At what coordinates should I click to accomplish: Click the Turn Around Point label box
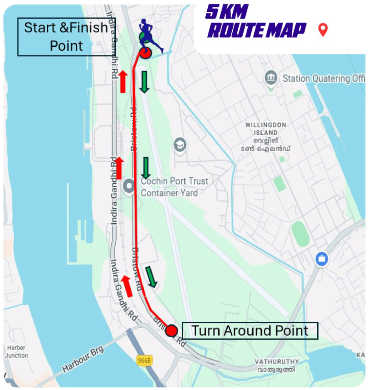[x=250, y=330]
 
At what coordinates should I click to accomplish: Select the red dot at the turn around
[x=172, y=330]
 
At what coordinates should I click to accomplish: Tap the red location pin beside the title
[x=323, y=30]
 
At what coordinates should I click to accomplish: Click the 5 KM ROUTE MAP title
[x=256, y=22]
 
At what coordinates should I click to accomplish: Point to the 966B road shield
[x=144, y=360]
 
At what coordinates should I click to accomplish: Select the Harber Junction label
[x=16, y=352]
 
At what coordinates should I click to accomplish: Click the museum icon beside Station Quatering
[x=270, y=78]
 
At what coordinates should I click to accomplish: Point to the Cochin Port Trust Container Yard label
[x=175, y=187]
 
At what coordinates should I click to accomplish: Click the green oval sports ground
[x=301, y=234]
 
